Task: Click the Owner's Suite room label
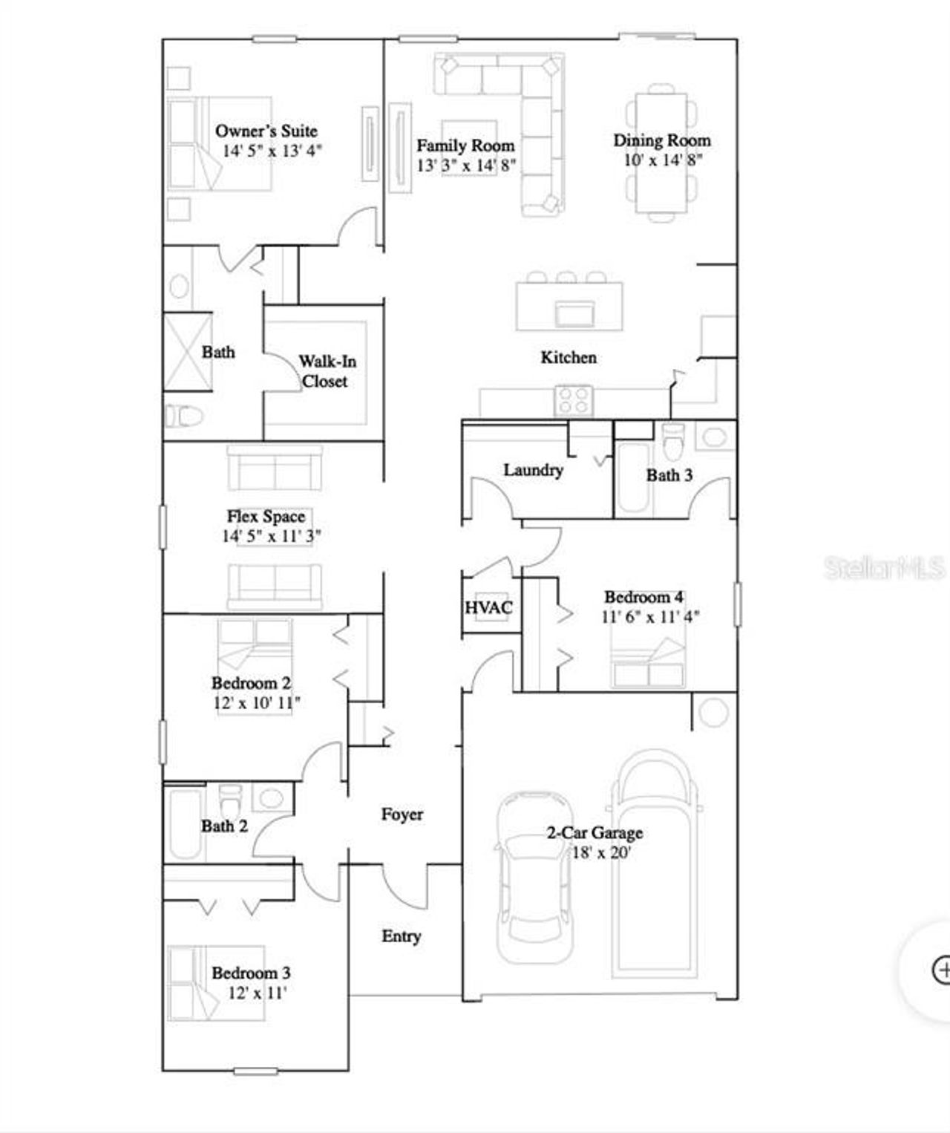click(266, 131)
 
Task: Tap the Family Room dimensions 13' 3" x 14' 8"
click(465, 165)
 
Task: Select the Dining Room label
click(661, 140)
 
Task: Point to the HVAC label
click(488, 608)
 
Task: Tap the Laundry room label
click(533, 470)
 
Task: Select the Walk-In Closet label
click(327, 371)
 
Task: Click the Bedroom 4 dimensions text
click(650, 616)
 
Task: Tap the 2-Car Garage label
click(594, 833)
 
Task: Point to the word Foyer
click(402, 814)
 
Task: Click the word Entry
click(401, 936)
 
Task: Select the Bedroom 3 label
click(251, 973)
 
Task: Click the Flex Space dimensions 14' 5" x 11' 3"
click(272, 536)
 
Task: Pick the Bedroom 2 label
click(251, 683)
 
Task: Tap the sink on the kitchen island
click(574, 313)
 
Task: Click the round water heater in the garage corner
click(713, 713)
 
